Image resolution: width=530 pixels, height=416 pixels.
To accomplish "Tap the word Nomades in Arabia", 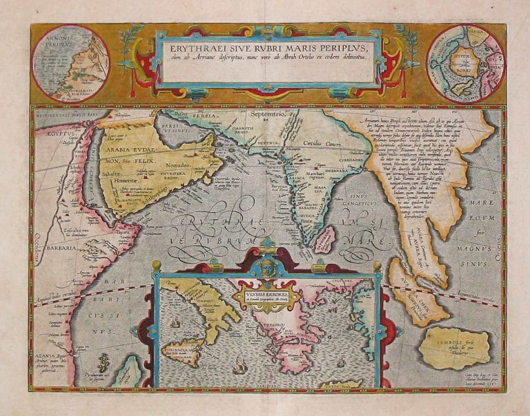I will point(177,167).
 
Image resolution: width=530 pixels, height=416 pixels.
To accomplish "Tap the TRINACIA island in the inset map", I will point(179,349).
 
